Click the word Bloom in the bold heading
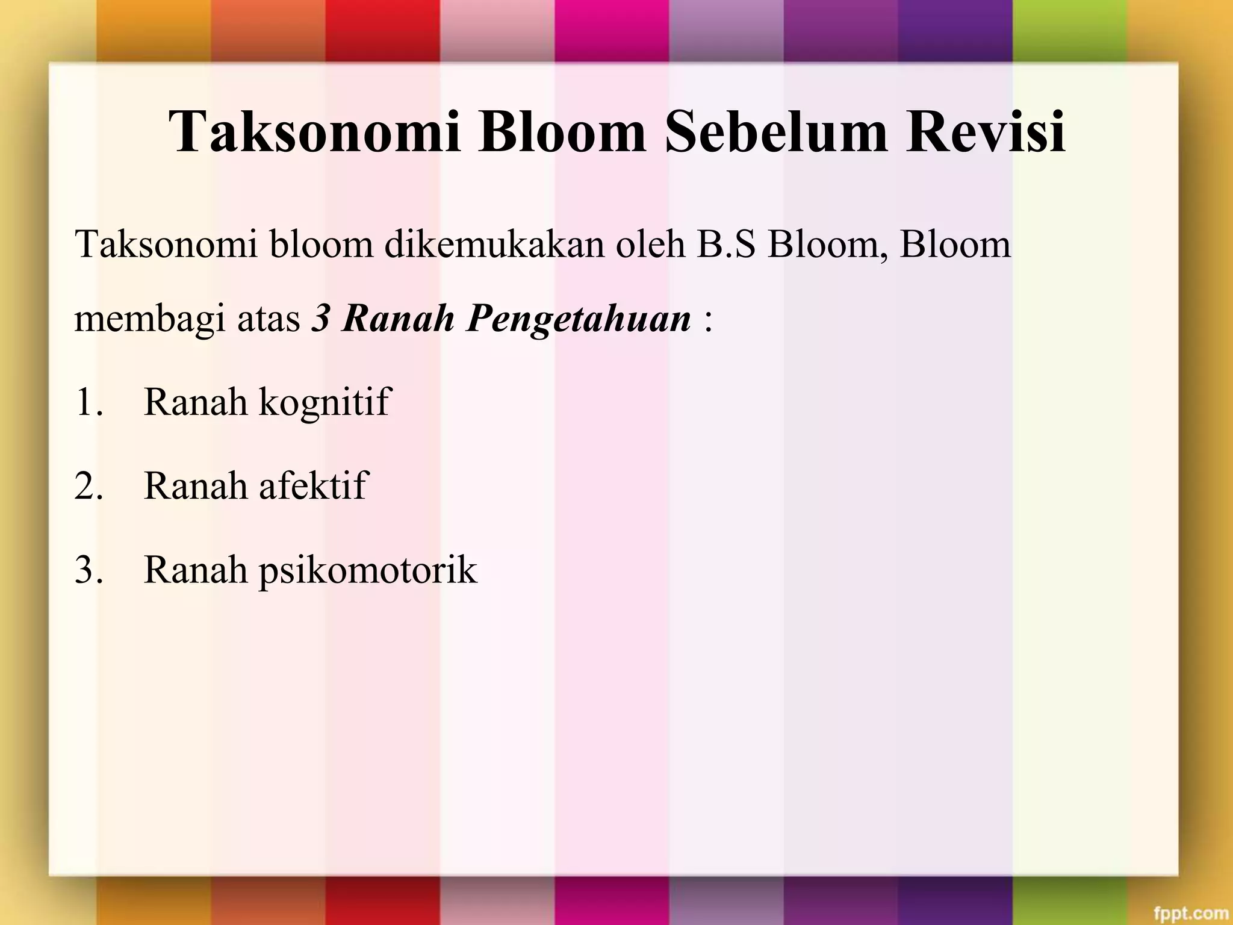(x=562, y=132)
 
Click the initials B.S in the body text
(x=725, y=244)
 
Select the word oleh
(x=650, y=244)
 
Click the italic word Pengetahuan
(x=579, y=319)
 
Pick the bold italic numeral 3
(x=320, y=319)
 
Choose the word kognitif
(x=325, y=402)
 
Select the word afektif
(x=312, y=485)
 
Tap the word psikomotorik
(x=368, y=570)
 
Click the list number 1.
(x=89, y=402)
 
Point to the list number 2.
(x=89, y=485)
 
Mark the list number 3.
(x=89, y=570)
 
